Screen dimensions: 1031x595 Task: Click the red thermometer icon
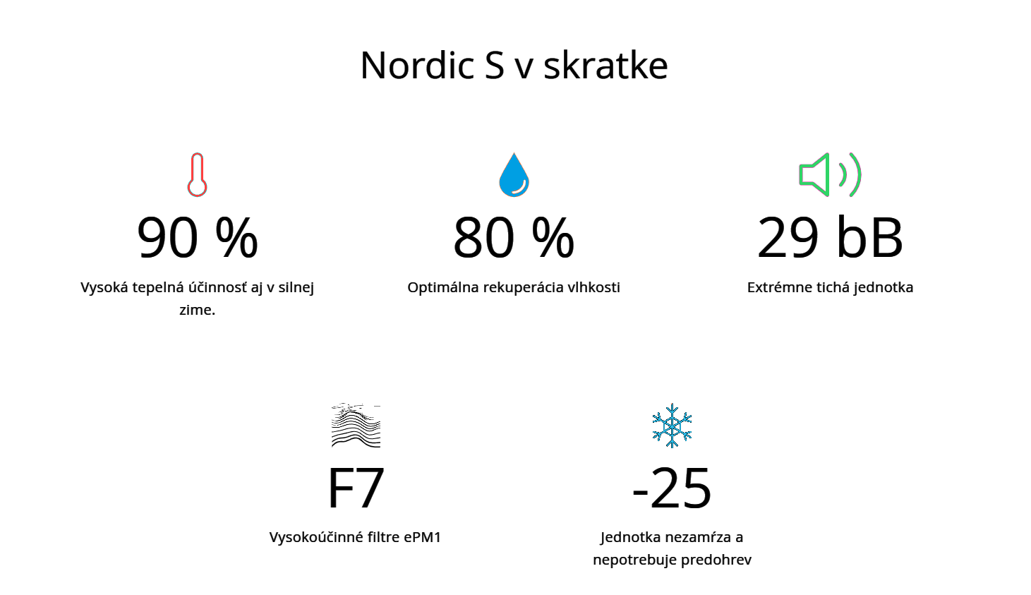pos(197,174)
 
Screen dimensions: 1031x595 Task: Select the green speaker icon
pos(830,174)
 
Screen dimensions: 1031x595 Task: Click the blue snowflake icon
pos(672,426)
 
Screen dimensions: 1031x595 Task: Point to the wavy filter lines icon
pos(356,426)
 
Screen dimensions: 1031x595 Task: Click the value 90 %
pos(198,238)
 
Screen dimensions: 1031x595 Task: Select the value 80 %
pos(514,238)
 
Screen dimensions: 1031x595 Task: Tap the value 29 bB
pos(830,237)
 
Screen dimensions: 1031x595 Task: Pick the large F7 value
pos(356,488)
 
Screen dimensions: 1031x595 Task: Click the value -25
pos(672,488)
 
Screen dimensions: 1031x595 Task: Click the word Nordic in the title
pos(418,65)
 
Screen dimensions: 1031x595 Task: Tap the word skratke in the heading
pos(605,65)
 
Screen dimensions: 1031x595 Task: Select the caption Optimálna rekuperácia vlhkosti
pos(514,287)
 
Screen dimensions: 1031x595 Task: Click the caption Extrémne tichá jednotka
pos(830,287)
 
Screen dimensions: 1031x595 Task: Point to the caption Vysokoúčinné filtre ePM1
pos(356,537)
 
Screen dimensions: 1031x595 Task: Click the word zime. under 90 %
pos(198,310)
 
